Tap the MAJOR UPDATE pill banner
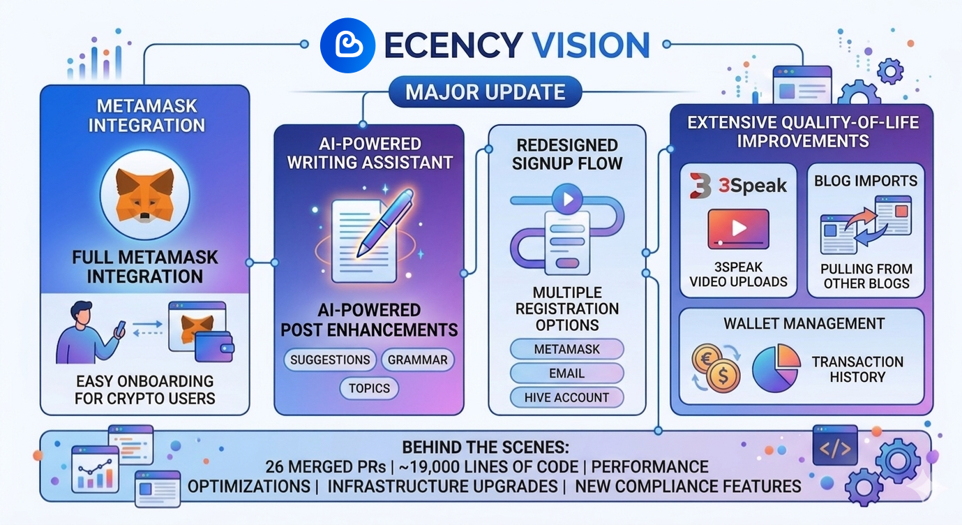click(486, 91)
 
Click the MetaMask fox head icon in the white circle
click(145, 195)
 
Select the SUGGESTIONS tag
click(330, 360)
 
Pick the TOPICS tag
click(370, 388)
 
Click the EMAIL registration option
click(566, 373)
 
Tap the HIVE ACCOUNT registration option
click(566, 397)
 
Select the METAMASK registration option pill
click(566, 348)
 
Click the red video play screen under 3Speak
click(738, 229)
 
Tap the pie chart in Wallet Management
click(776, 367)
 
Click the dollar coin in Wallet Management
click(723, 377)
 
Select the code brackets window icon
click(835, 445)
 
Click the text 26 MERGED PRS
click(324, 467)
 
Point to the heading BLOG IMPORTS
click(866, 181)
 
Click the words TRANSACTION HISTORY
click(857, 369)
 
